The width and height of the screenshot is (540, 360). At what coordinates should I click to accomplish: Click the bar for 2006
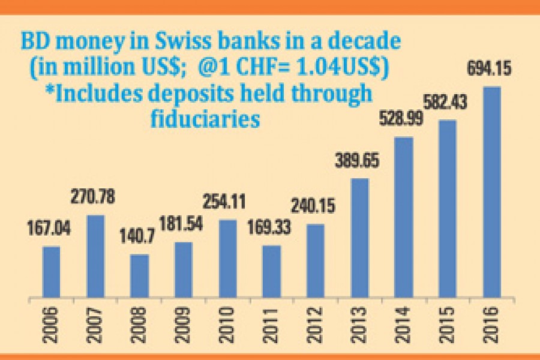point(51,272)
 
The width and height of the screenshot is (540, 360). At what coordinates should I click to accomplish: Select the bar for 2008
point(139,277)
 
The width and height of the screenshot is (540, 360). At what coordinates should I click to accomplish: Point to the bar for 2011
point(271,272)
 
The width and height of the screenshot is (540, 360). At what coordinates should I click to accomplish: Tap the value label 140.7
point(139,237)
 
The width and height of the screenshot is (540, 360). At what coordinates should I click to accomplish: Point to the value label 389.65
point(359,162)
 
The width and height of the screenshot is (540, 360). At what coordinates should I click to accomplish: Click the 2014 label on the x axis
point(403,325)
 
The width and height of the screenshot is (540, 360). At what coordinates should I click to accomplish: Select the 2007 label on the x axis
point(95,325)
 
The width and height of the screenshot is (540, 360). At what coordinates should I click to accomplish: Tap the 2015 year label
point(447,325)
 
